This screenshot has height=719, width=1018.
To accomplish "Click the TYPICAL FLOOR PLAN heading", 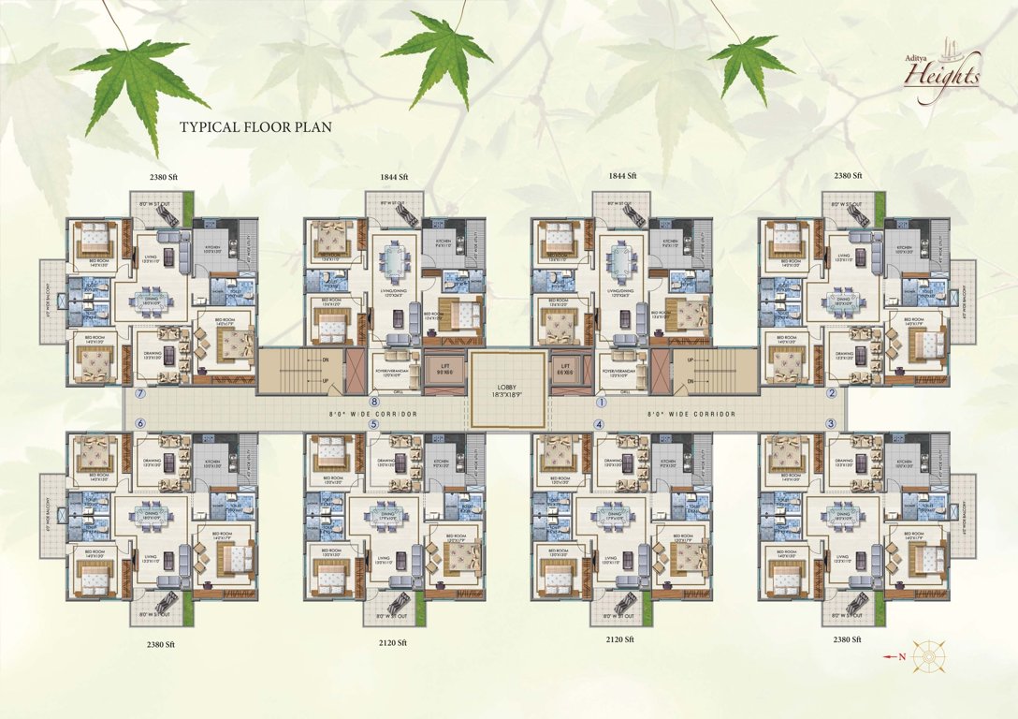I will [x=255, y=126].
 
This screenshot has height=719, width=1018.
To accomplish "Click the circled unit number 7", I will [x=139, y=393].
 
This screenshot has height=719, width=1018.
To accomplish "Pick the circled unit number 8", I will [x=373, y=403].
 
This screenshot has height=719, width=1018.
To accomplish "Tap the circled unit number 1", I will [x=603, y=403].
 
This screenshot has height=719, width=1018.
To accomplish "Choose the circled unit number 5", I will [x=373, y=424].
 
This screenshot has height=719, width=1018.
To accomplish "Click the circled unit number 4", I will [x=599, y=424].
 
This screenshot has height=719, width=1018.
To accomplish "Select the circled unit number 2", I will [x=831, y=393].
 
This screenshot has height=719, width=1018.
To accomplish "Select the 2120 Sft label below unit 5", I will [x=394, y=643].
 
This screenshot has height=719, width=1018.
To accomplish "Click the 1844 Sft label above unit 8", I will [x=394, y=177].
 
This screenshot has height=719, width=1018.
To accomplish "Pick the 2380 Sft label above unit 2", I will [x=849, y=176].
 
